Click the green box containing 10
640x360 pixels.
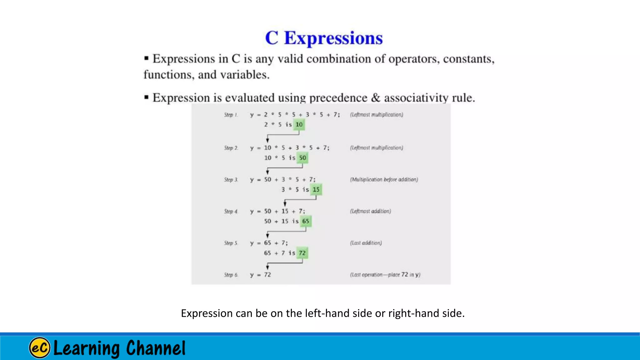[299, 125]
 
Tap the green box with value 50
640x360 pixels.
[302, 158]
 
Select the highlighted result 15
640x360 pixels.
[316, 190]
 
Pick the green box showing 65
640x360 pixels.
[306, 221]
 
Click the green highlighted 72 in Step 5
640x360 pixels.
[302, 253]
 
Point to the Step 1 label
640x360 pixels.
[231, 115]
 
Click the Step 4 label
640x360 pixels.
[231, 211]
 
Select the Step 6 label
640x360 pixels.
[231, 275]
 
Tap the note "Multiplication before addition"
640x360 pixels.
[384, 179]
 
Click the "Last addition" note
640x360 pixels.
[366, 243]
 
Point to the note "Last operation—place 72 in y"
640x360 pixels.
[385, 275]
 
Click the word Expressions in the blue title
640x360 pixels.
[333, 38]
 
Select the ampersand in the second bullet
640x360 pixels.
[376, 97]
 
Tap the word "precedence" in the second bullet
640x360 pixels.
[338, 98]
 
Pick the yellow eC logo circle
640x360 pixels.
[40, 348]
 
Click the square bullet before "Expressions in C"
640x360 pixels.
[146, 58]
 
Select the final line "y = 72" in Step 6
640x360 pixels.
[260, 275]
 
